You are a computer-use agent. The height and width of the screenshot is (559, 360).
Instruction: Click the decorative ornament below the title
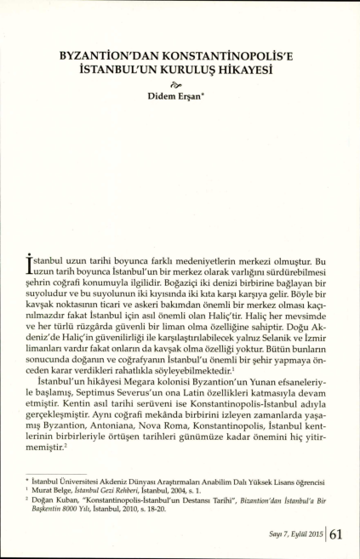click(178, 84)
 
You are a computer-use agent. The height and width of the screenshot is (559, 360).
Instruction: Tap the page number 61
click(335, 534)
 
